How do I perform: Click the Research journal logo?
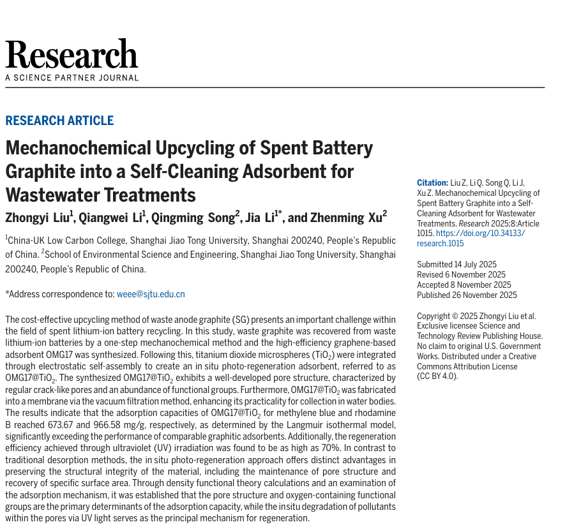(x=72, y=55)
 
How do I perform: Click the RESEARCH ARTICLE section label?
(x=59, y=121)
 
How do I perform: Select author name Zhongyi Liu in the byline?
(x=39, y=218)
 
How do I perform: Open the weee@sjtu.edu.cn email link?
(x=151, y=294)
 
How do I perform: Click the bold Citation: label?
(x=432, y=182)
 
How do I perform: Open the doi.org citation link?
(x=473, y=239)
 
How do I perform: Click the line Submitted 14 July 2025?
(x=456, y=265)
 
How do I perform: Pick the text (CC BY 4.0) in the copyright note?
(x=437, y=376)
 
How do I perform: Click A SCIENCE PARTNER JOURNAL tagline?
(x=72, y=78)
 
